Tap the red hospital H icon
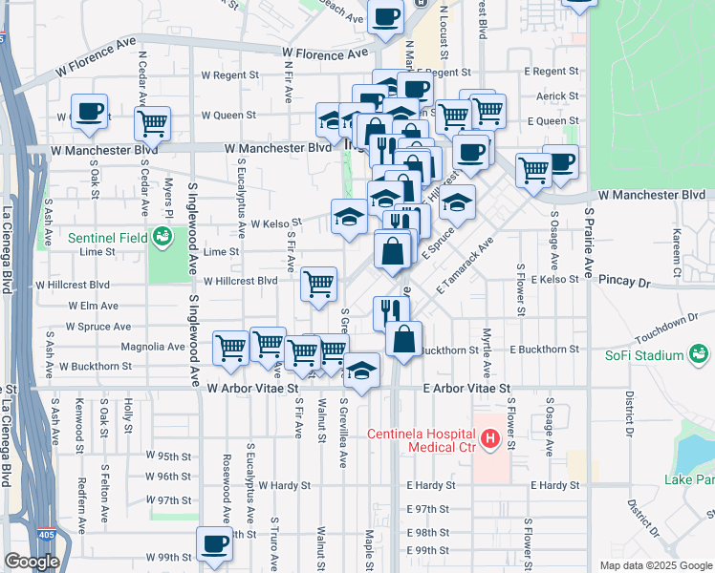(x=491, y=439)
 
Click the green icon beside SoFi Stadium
(x=700, y=355)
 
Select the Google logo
(x=32, y=562)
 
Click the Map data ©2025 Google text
(x=655, y=565)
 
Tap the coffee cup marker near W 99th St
(x=213, y=544)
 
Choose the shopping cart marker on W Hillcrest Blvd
(x=318, y=282)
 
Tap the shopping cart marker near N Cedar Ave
(x=152, y=122)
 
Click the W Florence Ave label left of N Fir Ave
(x=95, y=45)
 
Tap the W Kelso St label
(x=275, y=223)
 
